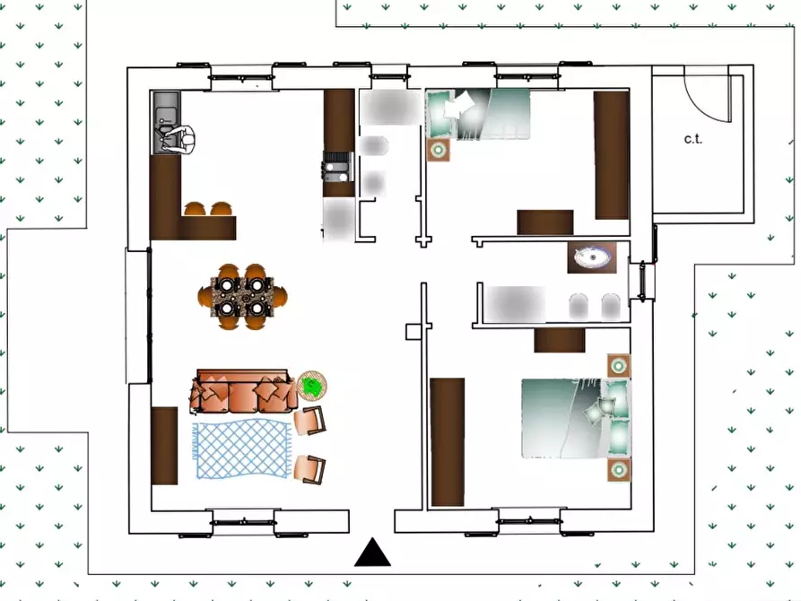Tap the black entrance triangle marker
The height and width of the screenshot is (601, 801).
point(372,553)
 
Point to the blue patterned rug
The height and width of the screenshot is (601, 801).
point(242,449)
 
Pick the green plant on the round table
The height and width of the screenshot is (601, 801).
point(312,386)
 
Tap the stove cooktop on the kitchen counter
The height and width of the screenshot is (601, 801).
point(337,162)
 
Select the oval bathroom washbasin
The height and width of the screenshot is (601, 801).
point(592,258)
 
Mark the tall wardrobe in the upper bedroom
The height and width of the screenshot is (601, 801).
point(612,154)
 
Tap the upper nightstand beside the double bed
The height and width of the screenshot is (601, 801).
point(618,366)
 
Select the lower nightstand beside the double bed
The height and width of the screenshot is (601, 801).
point(618,469)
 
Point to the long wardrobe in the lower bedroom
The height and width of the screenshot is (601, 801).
point(448,441)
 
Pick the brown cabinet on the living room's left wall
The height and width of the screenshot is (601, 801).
point(164,445)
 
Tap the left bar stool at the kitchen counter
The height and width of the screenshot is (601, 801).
point(195,209)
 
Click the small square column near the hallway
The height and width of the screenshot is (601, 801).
point(413,332)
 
